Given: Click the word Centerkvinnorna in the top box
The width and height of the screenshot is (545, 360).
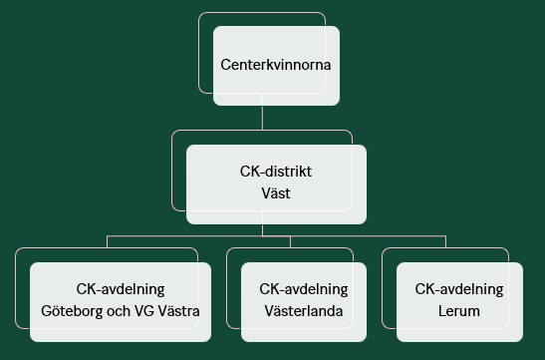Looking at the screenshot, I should (x=275, y=66).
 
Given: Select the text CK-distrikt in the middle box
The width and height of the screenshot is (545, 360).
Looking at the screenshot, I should (x=275, y=173).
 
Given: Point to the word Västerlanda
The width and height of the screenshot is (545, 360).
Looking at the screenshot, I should (x=303, y=311).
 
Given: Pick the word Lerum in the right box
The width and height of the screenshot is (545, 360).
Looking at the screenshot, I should (x=459, y=311).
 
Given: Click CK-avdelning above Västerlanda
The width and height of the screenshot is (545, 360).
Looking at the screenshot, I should (x=303, y=289).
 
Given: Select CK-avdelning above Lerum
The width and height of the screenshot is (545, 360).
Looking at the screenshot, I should (x=459, y=289).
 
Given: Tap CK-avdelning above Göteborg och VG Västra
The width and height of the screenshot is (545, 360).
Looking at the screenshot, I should (x=121, y=289).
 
